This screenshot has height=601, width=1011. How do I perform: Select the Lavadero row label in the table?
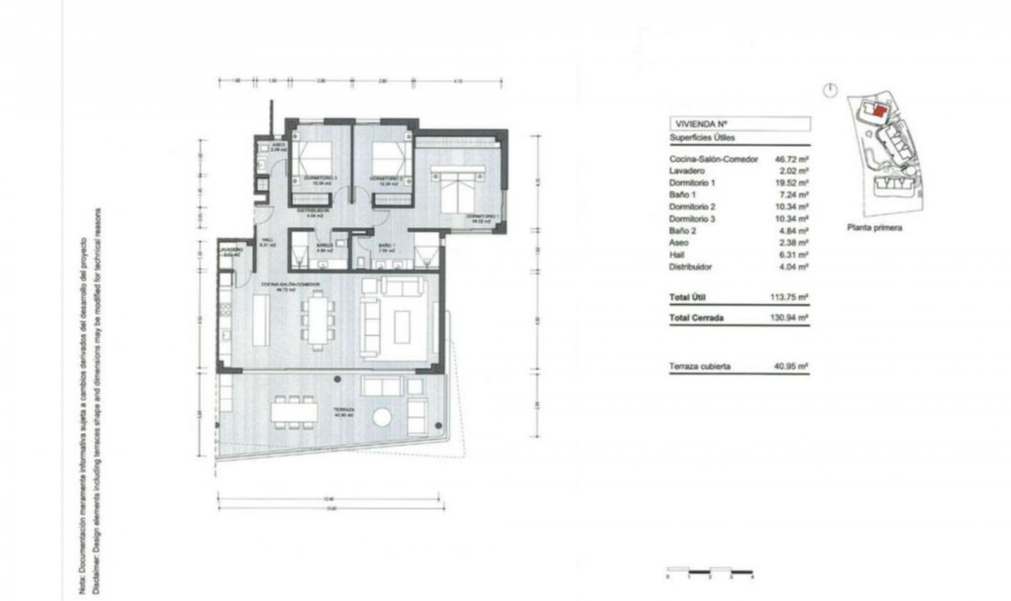pos(687,171)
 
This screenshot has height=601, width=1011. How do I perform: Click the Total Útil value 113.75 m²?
pos(789,297)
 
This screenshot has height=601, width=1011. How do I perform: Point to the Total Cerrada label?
pos(696,318)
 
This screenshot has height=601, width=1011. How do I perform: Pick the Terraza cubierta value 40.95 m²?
pos(791,366)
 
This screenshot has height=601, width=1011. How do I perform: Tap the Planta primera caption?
pos(874,228)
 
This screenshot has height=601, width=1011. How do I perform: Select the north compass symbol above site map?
pos(830,90)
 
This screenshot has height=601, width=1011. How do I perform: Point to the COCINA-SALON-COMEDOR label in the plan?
pos(291,284)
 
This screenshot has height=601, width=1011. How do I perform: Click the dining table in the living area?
pos(318,320)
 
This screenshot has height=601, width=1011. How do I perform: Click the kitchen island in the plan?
pos(261,320)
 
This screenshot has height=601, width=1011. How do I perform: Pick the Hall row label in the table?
pos(677,255)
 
